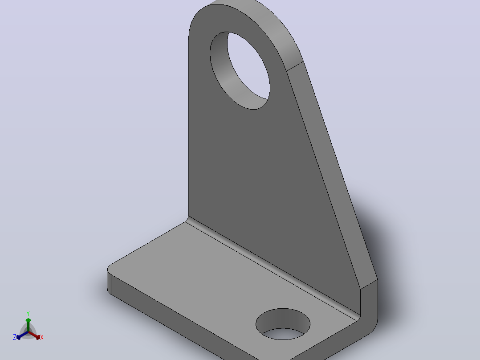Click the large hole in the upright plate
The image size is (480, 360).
pyautogui.click(x=240, y=70)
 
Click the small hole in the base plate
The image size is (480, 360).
pyautogui.click(x=283, y=324)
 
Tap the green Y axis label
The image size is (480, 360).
pyautogui.click(x=28, y=313)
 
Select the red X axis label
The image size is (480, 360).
pyautogui.click(x=42, y=337)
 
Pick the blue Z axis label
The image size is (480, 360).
pyautogui.click(x=15, y=337)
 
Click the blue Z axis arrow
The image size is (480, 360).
pyautogui.click(x=22, y=335)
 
